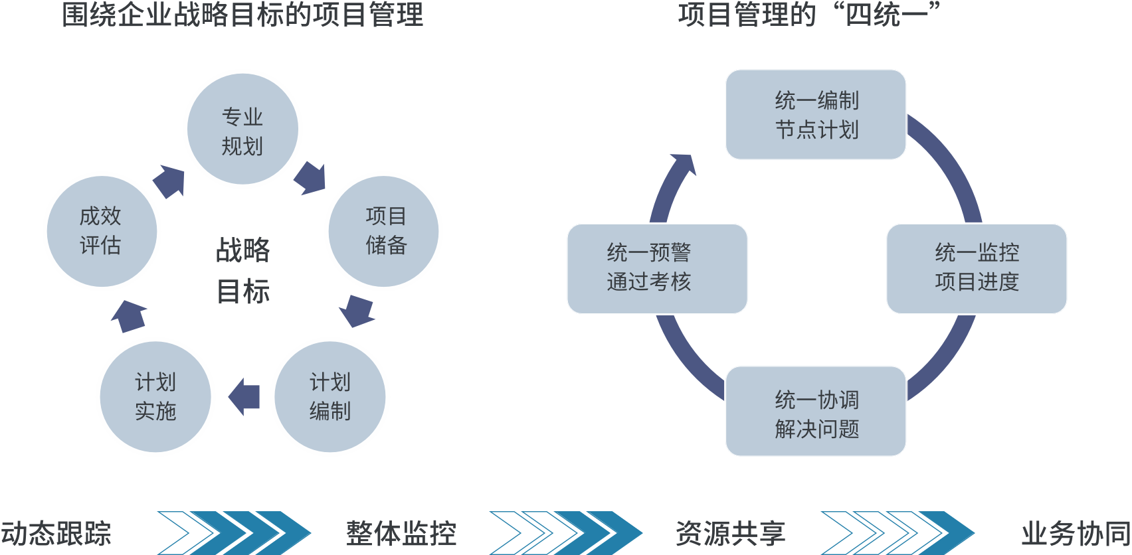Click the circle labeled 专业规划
[x=242, y=129]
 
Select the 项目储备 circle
[x=384, y=230]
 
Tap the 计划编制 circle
[x=330, y=397]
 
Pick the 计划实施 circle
[x=155, y=397]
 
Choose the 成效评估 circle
[x=101, y=230]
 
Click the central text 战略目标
[x=243, y=271]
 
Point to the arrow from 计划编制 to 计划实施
[x=244, y=397]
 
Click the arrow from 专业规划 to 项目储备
[x=310, y=177]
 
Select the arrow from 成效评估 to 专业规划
[x=169, y=181]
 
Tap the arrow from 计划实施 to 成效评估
[x=129, y=316]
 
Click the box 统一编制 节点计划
[x=816, y=115]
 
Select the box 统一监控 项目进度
[x=976, y=268]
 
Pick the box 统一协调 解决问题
[x=816, y=412]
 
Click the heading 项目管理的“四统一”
[x=808, y=15]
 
